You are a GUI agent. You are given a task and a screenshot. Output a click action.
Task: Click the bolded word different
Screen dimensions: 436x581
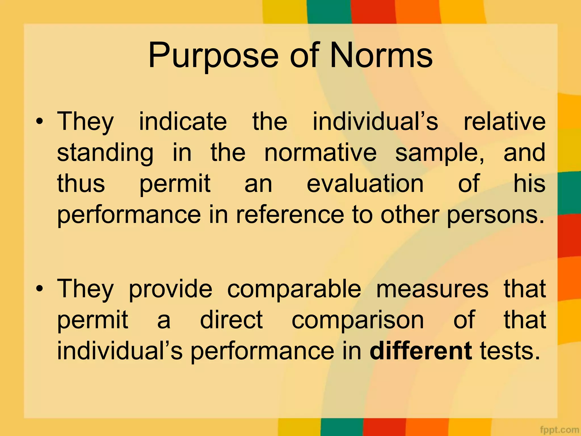pyautogui.click(x=421, y=351)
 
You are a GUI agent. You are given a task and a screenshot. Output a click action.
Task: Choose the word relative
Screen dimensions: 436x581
pyautogui.click(x=504, y=121)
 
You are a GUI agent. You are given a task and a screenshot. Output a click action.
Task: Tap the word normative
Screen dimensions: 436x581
pyautogui.click(x=320, y=153)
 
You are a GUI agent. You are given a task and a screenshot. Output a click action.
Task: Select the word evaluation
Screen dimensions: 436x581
pyautogui.click(x=365, y=184)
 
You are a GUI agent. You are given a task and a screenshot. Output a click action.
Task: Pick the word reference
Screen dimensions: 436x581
pyautogui.click(x=290, y=215)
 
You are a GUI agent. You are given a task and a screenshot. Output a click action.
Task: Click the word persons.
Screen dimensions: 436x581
pyautogui.click(x=495, y=215)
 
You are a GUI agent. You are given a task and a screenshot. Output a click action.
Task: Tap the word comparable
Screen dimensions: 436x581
pyautogui.click(x=294, y=289)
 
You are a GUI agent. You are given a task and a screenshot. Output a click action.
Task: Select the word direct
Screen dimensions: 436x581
pyautogui.click(x=231, y=320)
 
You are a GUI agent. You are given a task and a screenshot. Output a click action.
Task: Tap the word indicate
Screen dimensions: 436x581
pyautogui.click(x=183, y=121)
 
